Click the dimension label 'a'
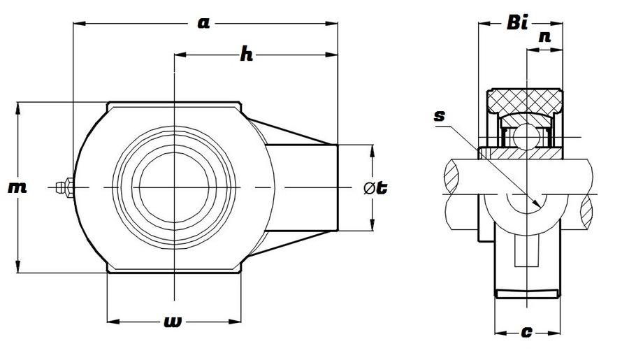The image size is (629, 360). click(203, 24)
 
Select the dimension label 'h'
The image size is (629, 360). click(245, 55)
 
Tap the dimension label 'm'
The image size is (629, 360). click(17, 187)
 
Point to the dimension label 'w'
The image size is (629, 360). click(172, 322)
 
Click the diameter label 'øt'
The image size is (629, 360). click(376, 187)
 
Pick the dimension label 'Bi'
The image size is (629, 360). click(516, 24)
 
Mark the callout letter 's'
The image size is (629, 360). click(440, 117)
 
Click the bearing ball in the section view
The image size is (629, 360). click(521, 135)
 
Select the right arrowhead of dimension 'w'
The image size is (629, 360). click(238, 322)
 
